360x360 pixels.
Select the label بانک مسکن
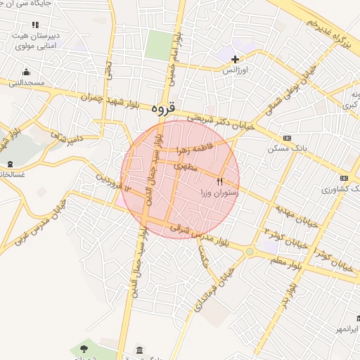(287, 148)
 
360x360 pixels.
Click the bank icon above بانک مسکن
(287, 138)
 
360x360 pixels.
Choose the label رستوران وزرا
(220, 192)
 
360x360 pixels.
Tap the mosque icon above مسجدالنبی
(27, 72)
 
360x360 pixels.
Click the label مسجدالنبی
(26, 82)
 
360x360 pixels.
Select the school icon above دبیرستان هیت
(35, 25)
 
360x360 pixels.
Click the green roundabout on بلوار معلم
(250, 251)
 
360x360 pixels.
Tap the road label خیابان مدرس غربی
(31, 226)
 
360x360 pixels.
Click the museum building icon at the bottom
(139, 351)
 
